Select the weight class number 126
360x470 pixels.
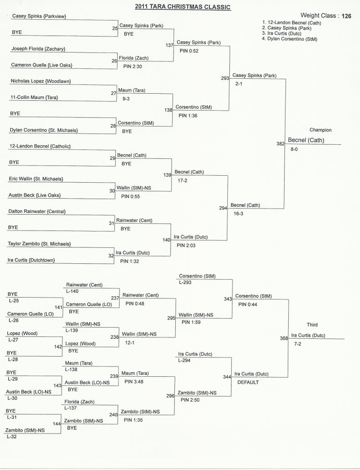click(x=346, y=16)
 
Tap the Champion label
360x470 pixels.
click(x=320, y=129)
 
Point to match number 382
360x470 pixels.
click(x=280, y=144)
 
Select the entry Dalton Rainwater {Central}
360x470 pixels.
click(x=37, y=211)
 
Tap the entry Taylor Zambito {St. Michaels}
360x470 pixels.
click(x=39, y=244)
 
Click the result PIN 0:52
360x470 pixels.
click(x=186, y=51)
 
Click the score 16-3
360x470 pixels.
click(x=238, y=213)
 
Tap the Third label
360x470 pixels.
click(x=312, y=325)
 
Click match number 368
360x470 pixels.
click(x=284, y=338)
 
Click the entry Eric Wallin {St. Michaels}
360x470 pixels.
click(x=36, y=179)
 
